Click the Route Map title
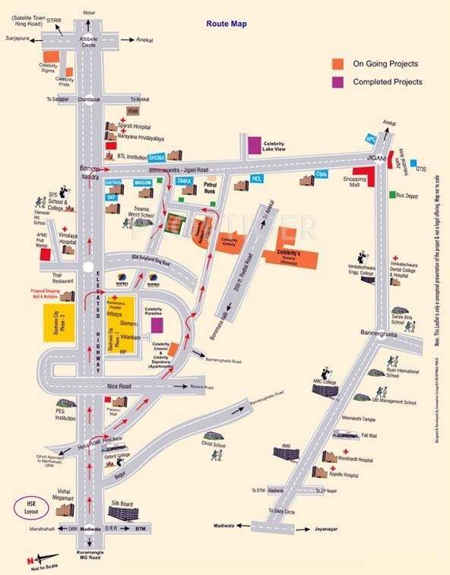coord(226,24)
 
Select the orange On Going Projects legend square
coord(337,64)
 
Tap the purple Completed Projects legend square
coord(337,81)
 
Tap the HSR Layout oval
coord(30,508)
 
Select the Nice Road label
coord(120,387)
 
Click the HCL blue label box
coord(257,179)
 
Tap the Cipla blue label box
coord(321,174)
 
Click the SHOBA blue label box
coord(158,157)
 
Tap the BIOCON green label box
coord(143,183)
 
